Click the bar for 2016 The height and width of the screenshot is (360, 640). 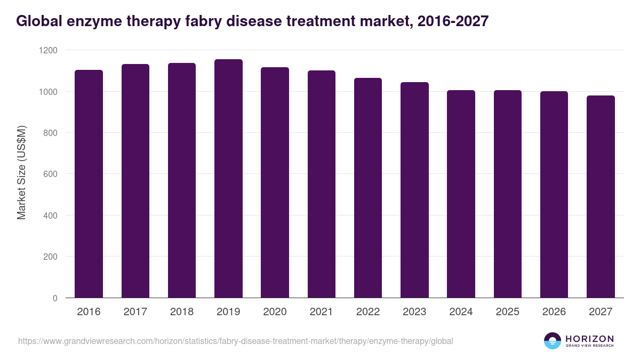[x=89, y=184]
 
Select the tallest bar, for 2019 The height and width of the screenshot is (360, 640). [x=228, y=179]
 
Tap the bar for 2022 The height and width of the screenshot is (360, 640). [x=368, y=188]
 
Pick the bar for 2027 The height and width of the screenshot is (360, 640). [x=601, y=197]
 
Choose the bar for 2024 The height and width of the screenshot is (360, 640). [x=461, y=194]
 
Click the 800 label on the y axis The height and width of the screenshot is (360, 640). [x=51, y=133]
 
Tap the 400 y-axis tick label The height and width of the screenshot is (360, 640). [x=51, y=215]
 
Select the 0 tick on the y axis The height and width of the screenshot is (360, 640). [x=55, y=298]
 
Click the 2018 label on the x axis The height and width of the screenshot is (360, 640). [x=182, y=312]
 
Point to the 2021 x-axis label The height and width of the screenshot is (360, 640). [x=322, y=312]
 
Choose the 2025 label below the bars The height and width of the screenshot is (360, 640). [x=508, y=312]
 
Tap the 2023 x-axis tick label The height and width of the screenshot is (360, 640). [x=414, y=312]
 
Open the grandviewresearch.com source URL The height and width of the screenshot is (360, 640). [x=235, y=341]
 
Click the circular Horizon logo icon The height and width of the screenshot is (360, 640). [x=553, y=341]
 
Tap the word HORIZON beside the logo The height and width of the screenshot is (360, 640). [x=589, y=339]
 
